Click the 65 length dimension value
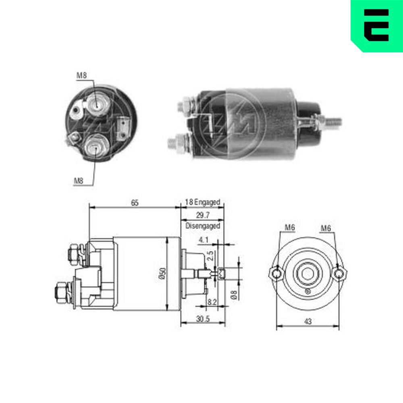click(135, 203)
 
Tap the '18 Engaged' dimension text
click(203, 202)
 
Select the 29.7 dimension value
click(203, 215)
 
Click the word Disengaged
click(203, 226)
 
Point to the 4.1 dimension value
click(203, 240)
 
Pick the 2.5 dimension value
click(210, 256)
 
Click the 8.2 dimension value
click(212, 302)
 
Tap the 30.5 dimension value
click(203, 319)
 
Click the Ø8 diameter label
click(234, 295)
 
